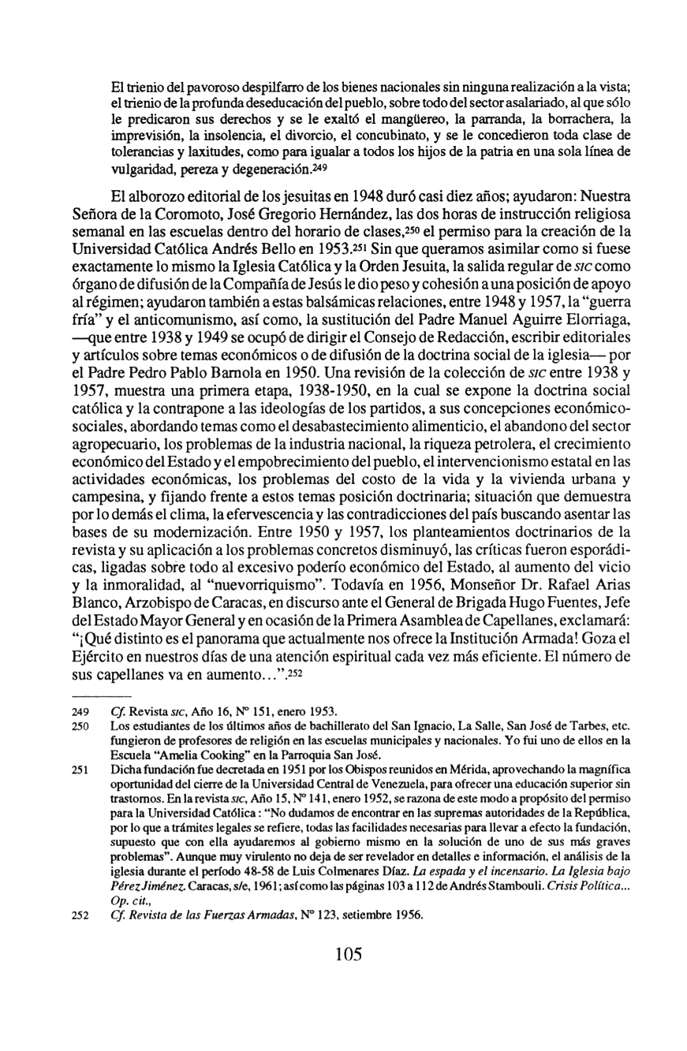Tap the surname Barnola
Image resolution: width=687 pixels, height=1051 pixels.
coord(241,375)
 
